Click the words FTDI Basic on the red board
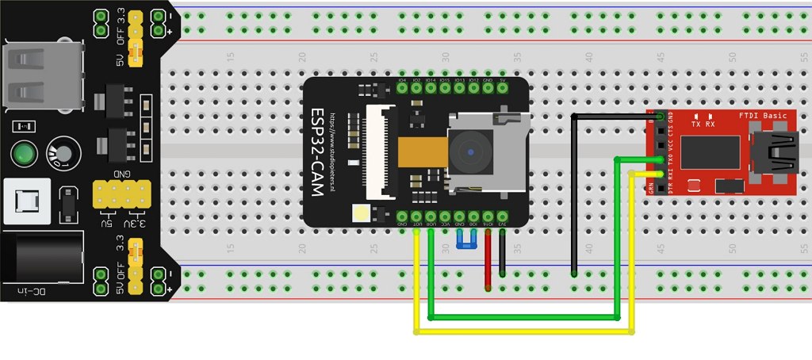(763, 116)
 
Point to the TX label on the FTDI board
(695, 124)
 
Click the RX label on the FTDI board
(710, 124)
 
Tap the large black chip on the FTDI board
(710, 154)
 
